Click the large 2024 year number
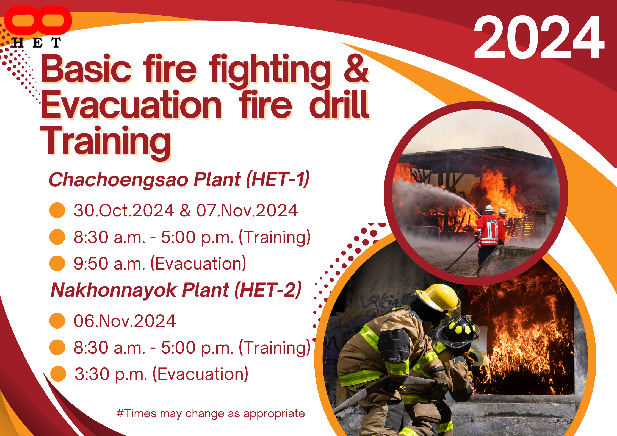(x=539, y=37)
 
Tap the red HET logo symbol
(x=38, y=21)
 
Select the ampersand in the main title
(x=356, y=69)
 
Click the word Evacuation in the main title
(x=131, y=105)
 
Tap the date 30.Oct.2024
(x=124, y=210)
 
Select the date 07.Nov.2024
(x=247, y=210)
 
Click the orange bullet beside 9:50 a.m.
(x=57, y=263)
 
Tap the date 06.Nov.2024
(x=125, y=321)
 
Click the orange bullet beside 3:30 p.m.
(x=58, y=374)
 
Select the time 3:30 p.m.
(x=111, y=374)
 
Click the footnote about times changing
(x=211, y=413)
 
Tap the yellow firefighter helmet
(x=437, y=299)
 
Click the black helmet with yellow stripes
(x=458, y=331)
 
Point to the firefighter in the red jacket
(x=487, y=231)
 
